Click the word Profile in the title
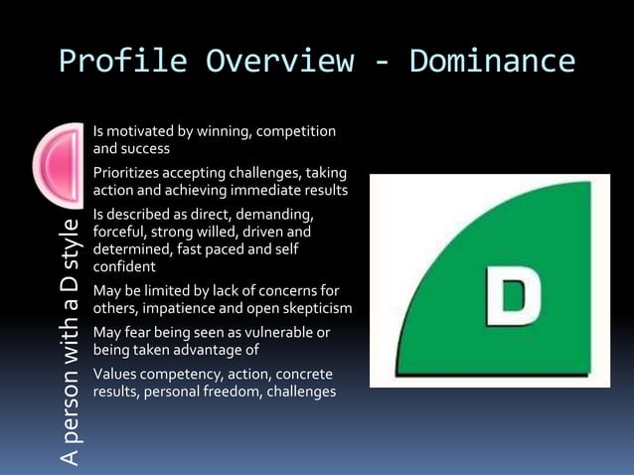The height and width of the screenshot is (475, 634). pyautogui.click(x=123, y=62)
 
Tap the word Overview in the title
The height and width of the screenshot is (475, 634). pyautogui.click(x=279, y=62)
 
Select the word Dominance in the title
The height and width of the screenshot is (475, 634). pyautogui.click(x=492, y=62)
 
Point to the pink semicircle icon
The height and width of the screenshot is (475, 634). pyautogui.click(x=59, y=163)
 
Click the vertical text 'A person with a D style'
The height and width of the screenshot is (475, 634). pyautogui.click(x=69, y=338)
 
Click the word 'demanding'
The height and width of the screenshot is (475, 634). pyautogui.click(x=281, y=215)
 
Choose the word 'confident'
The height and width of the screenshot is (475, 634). pyautogui.click(x=122, y=266)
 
